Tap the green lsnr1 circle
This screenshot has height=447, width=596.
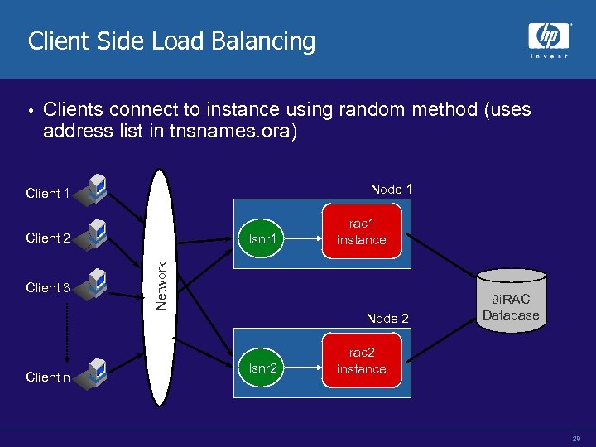261,238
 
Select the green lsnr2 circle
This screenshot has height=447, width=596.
261,368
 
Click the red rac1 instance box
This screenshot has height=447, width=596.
362,231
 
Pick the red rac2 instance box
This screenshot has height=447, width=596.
362,360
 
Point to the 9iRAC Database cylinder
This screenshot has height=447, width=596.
512,300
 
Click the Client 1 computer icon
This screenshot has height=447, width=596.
91,190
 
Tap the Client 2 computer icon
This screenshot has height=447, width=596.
91,234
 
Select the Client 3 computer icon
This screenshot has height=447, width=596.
91,284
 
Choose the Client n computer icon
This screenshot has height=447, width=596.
91,373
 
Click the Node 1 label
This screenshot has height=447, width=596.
391,190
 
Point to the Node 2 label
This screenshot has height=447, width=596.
387,318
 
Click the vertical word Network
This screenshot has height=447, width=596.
161,286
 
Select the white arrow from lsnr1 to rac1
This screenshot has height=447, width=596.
303,238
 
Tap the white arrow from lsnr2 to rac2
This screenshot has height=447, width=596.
303,368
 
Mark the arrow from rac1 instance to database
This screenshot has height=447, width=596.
441,255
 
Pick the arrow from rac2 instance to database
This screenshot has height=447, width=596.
441,340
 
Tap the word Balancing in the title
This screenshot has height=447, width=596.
263,41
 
